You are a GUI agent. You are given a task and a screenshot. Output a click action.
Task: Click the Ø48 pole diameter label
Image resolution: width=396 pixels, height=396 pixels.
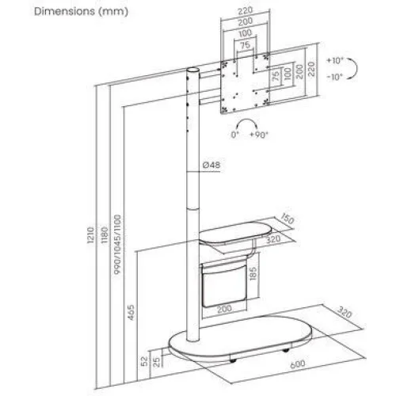(210, 165)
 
